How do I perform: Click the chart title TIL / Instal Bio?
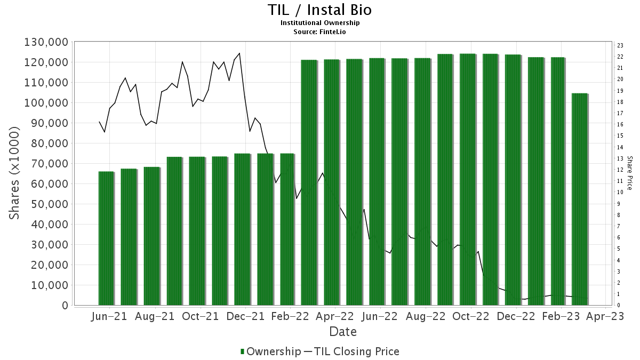[319, 10]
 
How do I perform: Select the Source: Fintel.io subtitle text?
[319, 31]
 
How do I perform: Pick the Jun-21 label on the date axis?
[109, 316]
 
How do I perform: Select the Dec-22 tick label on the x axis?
[516, 316]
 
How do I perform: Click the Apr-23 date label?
[606, 316]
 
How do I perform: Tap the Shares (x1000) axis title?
[15, 173]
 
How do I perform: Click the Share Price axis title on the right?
[629, 173]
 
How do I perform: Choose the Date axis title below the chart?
[342, 332]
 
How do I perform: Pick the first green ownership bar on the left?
[106, 238]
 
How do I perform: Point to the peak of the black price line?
[239, 53]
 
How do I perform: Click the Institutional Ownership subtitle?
[319, 23]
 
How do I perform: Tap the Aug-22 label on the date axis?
[425, 316]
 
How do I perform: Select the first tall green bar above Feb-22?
[309, 182]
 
